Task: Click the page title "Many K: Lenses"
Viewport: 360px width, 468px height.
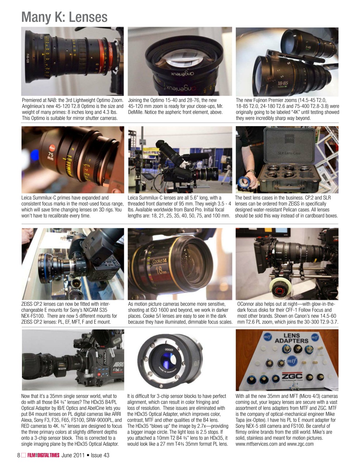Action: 64,17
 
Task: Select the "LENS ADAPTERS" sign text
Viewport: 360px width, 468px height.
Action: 292,338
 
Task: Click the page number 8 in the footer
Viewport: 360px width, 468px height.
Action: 19,455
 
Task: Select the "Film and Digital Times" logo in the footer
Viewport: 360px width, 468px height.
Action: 43,455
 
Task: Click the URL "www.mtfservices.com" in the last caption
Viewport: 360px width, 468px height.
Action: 256,444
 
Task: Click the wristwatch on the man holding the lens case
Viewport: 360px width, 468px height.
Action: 251,172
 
